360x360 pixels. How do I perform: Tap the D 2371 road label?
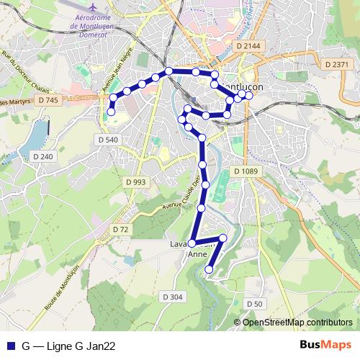coord(336,64)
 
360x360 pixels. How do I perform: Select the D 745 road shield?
coord(47,100)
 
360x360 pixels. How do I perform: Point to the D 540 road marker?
coord(107,139)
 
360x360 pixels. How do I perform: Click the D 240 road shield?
coord(42,156)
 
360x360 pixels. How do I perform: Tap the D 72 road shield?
coord(120,229)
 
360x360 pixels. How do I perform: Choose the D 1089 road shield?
coord(246,171)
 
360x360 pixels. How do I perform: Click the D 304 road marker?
coord(172,297)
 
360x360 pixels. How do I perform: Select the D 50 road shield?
coord(253,304)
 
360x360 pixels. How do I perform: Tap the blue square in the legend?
coord(11,345)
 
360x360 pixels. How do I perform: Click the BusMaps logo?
coord(325,345)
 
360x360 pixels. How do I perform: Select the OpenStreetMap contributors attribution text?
coord(297,323)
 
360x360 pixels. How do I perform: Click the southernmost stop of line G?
coord(210,269)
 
